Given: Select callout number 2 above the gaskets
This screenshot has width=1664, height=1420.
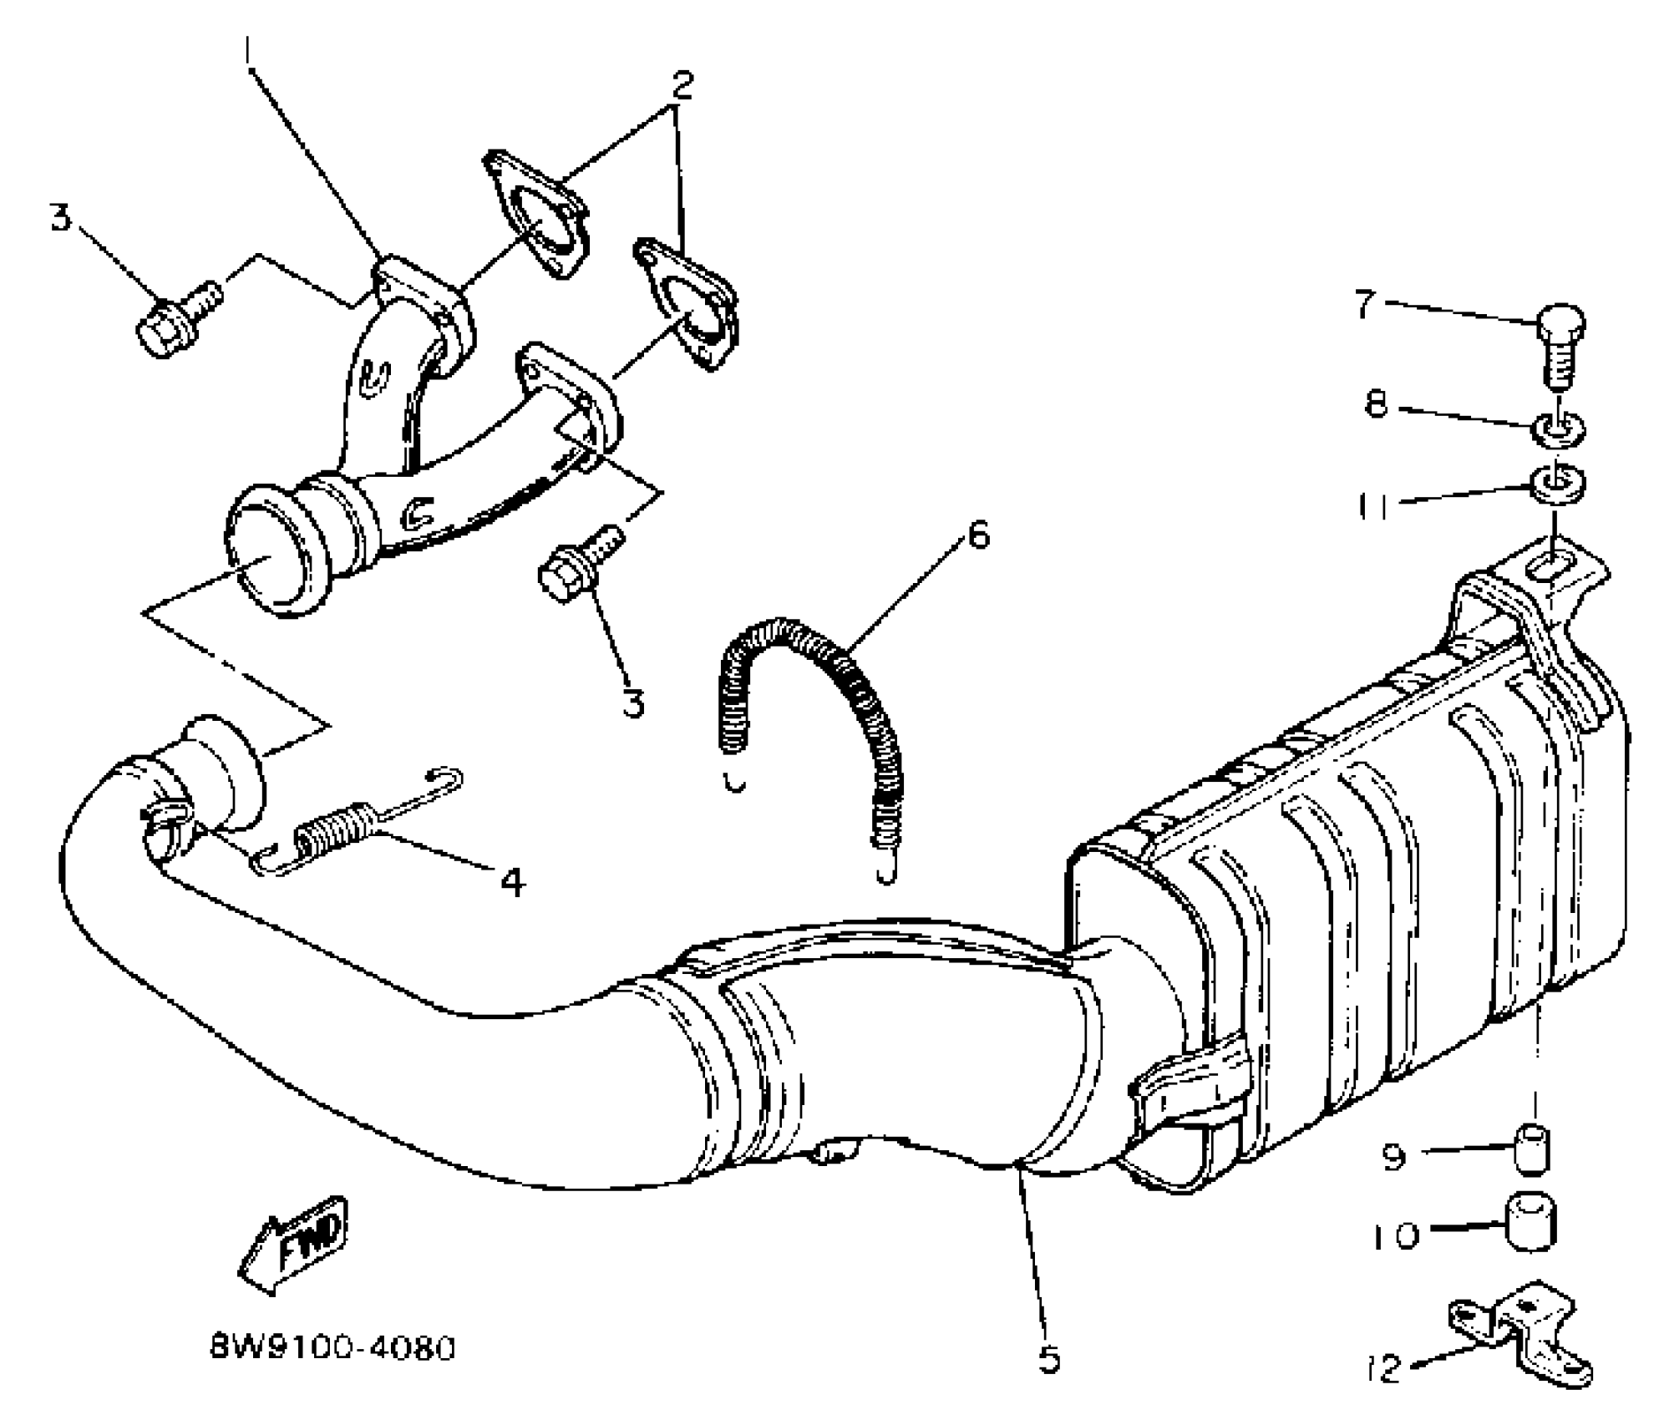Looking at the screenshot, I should (x=681, y=84).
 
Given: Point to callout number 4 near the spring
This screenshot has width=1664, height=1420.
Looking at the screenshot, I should (x=512, y=881).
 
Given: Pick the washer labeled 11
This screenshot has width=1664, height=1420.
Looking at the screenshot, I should (x=1557, y=484).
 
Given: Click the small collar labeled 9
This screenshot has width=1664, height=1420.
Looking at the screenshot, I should (x=1534, y=1149).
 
